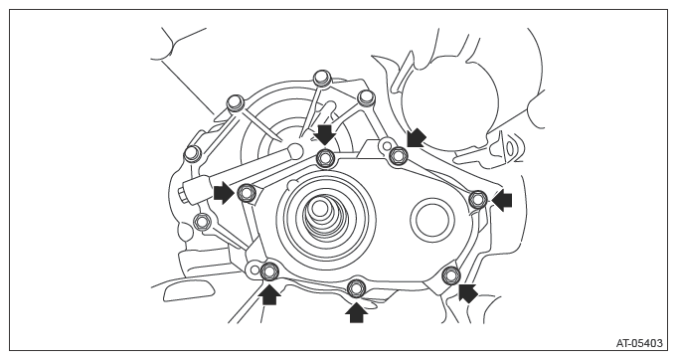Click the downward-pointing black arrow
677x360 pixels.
[x=325, y=134]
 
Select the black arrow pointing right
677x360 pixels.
[x=224, y=193]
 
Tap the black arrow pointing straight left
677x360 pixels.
[x=502, y=201]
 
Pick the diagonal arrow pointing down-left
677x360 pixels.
[x=416, y=137]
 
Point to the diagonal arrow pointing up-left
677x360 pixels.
[x=467, y=293]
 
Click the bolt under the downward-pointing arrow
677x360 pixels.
[x=325, y=158]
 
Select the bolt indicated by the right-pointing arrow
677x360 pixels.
[x=247, y=193]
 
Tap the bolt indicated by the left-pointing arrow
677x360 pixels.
[x=478, y=199]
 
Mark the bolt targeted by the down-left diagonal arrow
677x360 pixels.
[x=398, y=155]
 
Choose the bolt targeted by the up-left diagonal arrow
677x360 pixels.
[x=451, y=274]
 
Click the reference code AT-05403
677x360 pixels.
[x=639, y=344]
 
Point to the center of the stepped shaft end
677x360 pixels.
[x=319, y=209]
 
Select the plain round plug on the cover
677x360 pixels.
[x=432, y=219]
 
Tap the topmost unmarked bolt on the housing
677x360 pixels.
[x=321, y=78]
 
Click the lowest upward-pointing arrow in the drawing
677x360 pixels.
[x=356, y=312]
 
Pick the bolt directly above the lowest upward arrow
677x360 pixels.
[x=356, y=288]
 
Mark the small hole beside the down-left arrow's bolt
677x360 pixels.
[x=387, y=144]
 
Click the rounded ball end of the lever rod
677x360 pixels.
[x=296, y=150]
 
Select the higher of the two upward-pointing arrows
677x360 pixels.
[x=270, y=294]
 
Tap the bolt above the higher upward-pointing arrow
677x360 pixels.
[x=270, y=271]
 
